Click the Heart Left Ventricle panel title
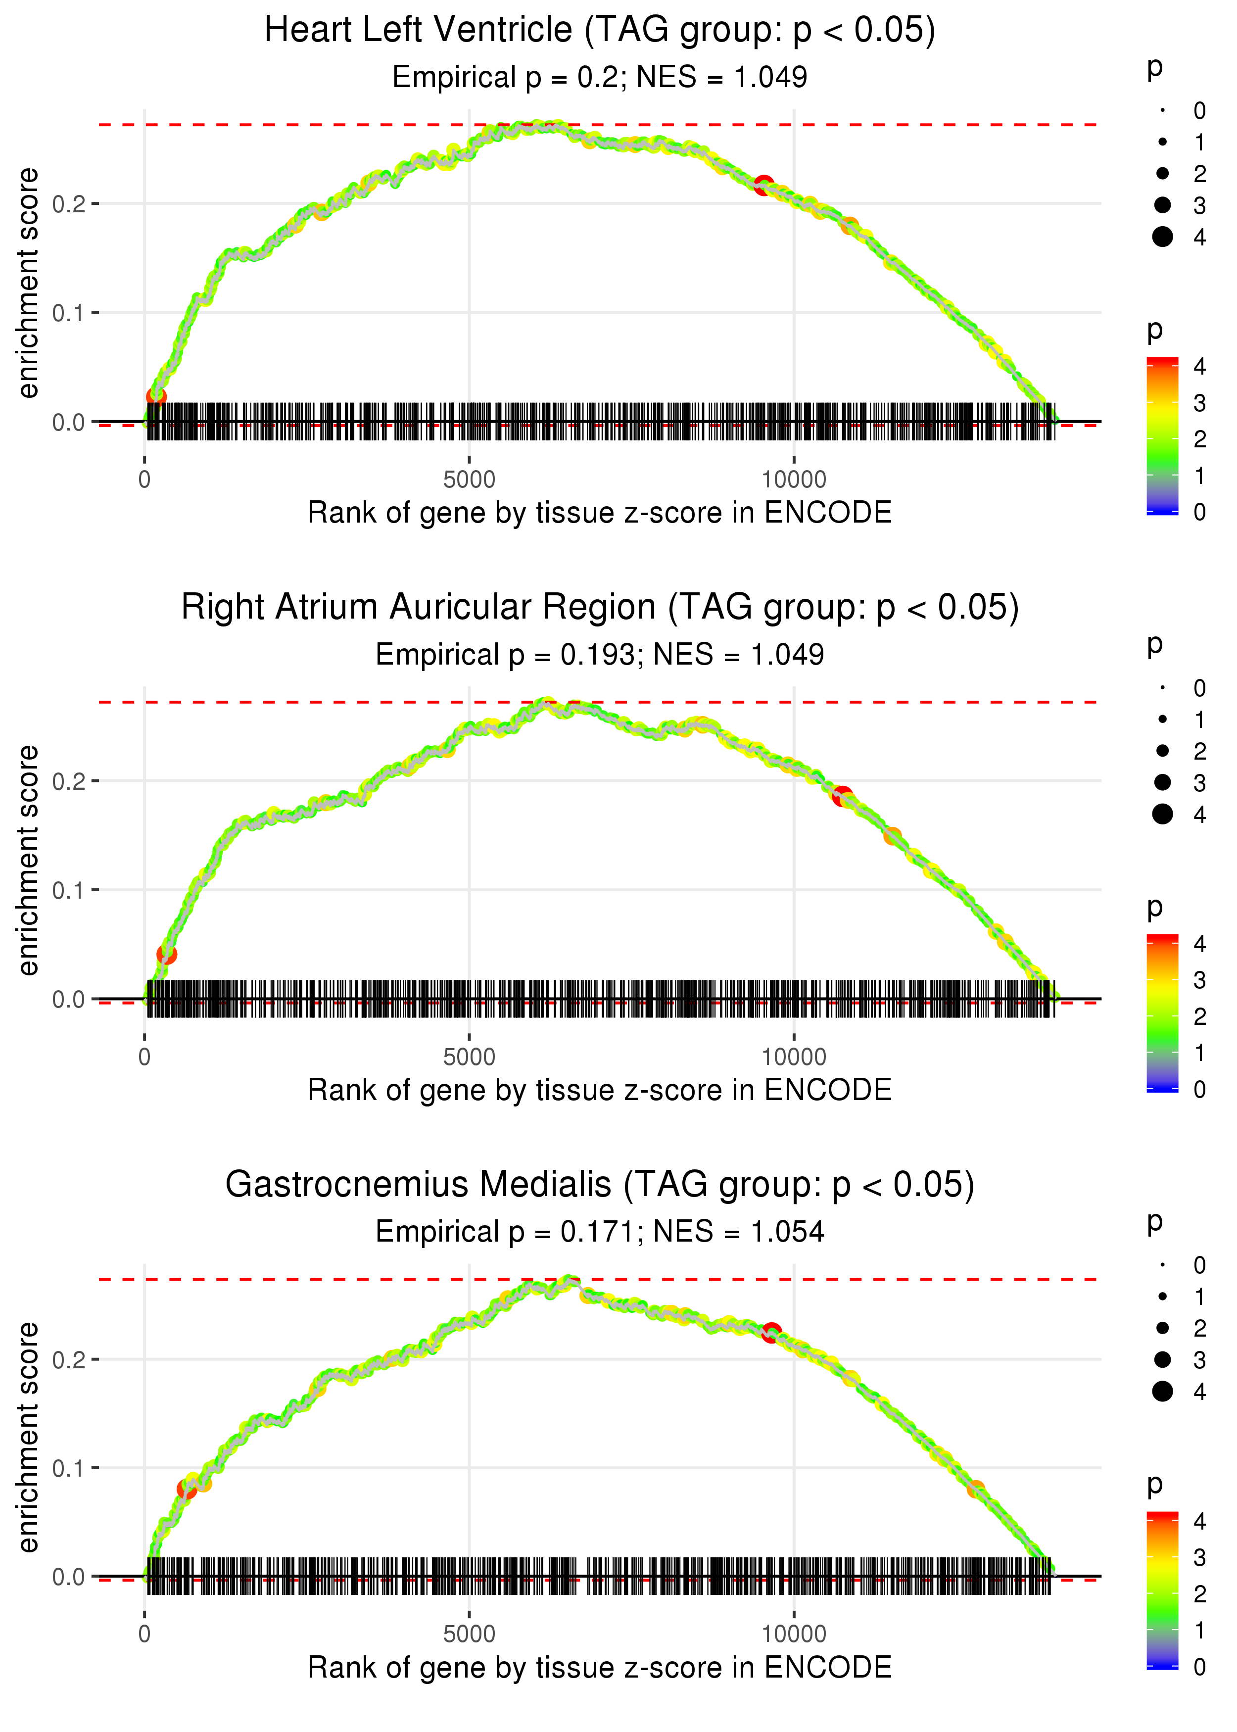[600, 31]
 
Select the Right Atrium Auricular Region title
[600, 608]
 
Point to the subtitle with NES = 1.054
[600, 1232]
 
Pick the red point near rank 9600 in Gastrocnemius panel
[771, 1333]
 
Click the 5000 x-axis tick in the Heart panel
[469, 480]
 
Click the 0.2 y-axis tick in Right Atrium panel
[67, 781]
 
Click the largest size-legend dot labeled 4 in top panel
[1162, 237]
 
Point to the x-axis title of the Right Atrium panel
[600, 1090]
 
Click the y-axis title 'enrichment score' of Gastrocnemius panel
[28, 1437]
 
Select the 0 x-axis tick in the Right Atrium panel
[144, 1057]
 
